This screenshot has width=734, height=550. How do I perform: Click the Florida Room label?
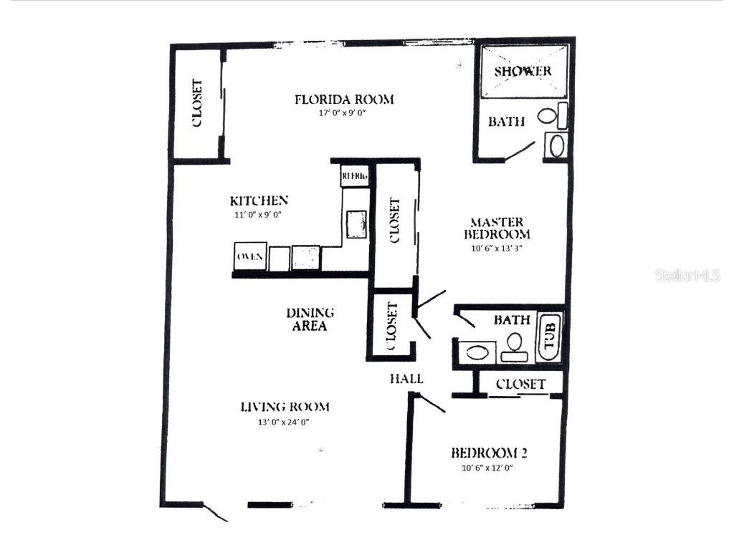point(344,100)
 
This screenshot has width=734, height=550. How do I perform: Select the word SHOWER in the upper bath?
point(523,71)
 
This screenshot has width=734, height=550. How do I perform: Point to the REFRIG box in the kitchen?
point(354,175)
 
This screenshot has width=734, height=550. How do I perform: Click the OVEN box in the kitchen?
point(250,256)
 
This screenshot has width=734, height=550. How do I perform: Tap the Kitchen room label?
point(259,201)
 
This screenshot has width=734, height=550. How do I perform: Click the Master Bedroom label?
point(497,228)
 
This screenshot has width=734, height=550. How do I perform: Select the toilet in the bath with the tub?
point(513,349)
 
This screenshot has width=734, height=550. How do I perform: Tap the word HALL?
point(406,378)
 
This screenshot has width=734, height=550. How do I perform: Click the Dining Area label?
point(310,319)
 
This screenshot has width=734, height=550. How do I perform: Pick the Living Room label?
point(285,407)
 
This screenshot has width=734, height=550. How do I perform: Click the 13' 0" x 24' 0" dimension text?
point(285,422)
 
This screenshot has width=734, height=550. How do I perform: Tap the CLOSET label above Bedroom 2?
point(520,385)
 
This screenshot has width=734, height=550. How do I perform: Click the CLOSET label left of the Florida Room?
point(196,103)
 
